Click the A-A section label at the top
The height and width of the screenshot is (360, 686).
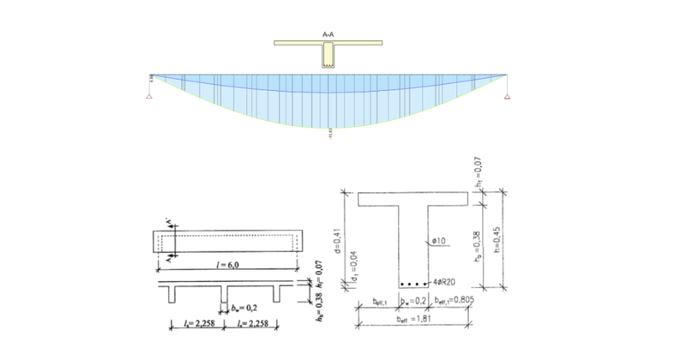327,34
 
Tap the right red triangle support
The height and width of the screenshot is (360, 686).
507,96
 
